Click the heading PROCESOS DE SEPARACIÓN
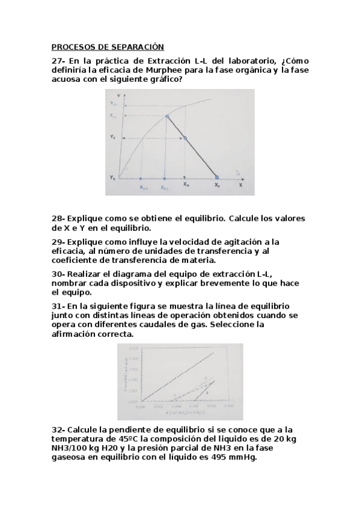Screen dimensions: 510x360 [x=108, y=46]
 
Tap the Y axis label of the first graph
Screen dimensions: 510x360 [x=121, y=96]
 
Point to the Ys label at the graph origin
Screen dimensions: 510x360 [x=112, y=177]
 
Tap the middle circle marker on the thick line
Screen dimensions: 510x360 [x=185, y=139]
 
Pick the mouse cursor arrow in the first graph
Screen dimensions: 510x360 [x=237, y=173]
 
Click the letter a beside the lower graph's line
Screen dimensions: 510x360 [x=207, y=392]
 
